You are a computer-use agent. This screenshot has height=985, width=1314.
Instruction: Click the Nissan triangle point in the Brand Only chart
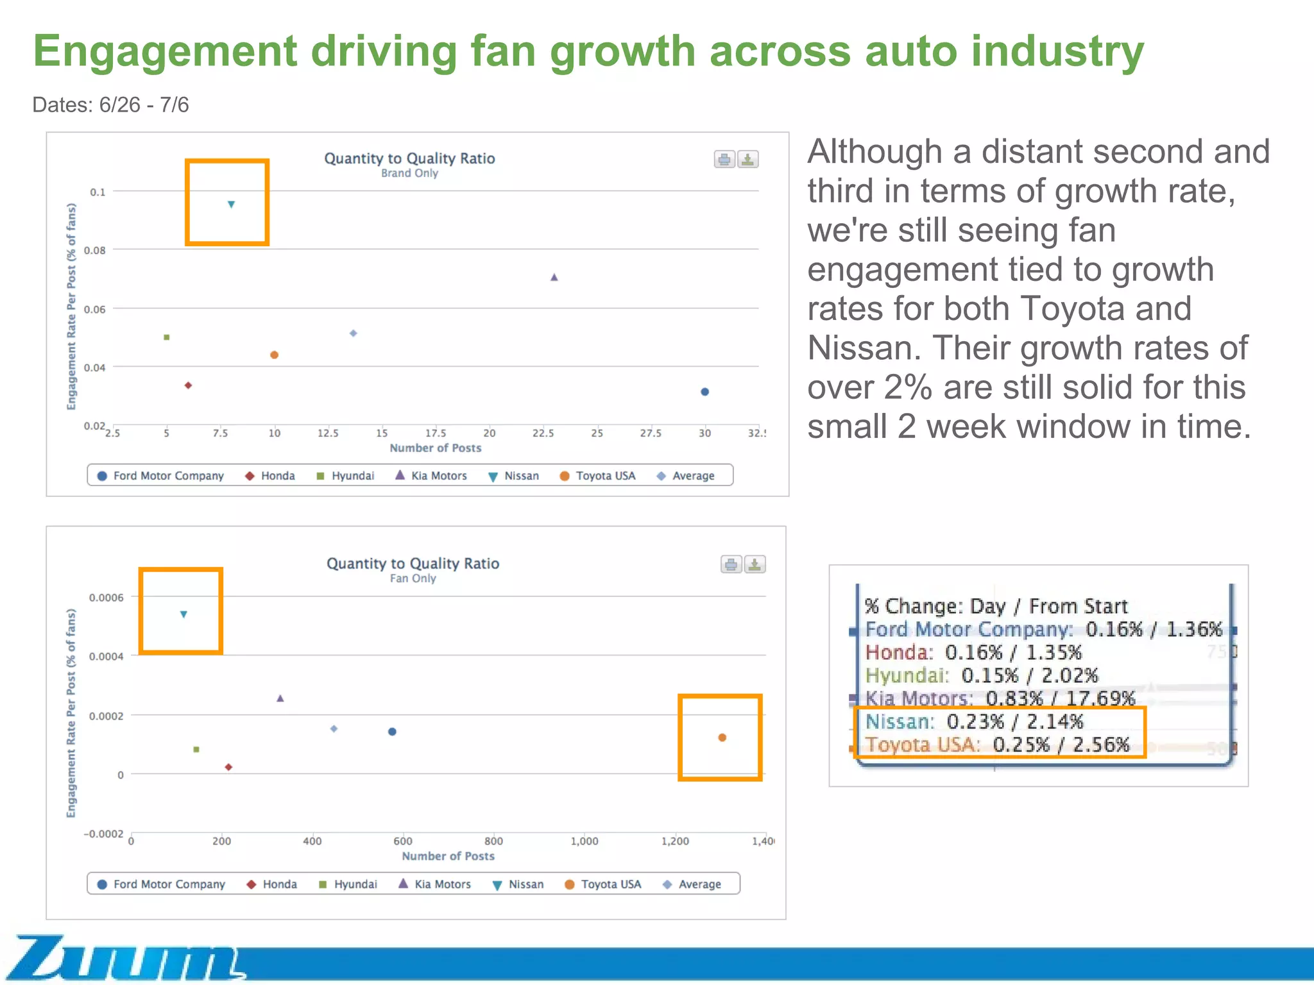point(231,205)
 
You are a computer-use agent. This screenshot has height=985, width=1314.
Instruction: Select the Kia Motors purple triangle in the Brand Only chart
point(554,277)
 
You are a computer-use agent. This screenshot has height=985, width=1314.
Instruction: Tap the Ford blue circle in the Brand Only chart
point(704,392)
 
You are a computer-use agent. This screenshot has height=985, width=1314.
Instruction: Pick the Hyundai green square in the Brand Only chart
point(167,337)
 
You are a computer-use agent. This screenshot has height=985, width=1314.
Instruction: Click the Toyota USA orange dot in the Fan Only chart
point(722,737)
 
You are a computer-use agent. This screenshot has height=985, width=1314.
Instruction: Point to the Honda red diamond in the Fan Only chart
point(228,767)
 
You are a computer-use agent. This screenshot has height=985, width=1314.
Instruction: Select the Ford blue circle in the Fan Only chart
point(392,732)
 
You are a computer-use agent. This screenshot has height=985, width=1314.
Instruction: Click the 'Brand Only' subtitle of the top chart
point(409,173)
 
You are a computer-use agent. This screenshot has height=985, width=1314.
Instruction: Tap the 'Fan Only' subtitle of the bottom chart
point(413,578)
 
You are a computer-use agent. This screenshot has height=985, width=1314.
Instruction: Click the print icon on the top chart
point(724,159)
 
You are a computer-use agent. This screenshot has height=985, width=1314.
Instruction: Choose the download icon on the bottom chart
point(755,564)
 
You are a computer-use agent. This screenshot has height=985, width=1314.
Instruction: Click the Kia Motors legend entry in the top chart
point(431,476)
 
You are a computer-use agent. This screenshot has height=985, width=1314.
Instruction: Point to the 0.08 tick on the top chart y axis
point(95,250)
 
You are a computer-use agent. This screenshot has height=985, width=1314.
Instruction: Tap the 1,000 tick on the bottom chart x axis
point(584,841)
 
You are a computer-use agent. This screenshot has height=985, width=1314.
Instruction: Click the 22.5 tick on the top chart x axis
point(543,434)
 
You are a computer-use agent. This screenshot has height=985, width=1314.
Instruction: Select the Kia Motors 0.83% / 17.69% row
point(1000,698)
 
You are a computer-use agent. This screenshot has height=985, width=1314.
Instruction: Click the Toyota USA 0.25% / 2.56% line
point(996,745)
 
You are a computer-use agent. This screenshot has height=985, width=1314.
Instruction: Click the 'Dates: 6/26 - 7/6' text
point(110,105)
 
